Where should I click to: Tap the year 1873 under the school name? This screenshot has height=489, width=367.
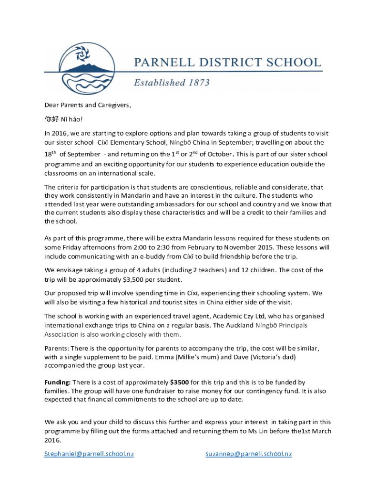click(196, 83)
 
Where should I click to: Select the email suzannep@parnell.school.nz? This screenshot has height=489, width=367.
click(248, 454)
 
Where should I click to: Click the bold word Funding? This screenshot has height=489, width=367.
click(58, 383)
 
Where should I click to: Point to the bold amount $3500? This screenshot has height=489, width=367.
click(179, 383)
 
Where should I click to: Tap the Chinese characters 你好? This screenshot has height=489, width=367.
click(51, 118)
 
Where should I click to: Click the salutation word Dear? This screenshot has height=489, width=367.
click(52, 105)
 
